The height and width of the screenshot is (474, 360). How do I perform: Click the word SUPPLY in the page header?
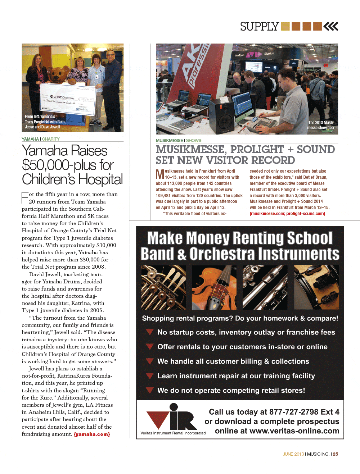[x=259, y=27]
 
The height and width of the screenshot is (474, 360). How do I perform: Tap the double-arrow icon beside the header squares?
[x=331, y=26]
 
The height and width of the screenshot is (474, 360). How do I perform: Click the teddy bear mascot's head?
[x=58, y=74]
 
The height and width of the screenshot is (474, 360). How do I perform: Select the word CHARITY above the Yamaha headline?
[x=51, y=139]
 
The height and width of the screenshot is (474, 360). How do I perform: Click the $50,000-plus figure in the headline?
[x=46, y=165]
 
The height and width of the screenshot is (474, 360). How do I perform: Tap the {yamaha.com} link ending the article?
[x=92, y=434]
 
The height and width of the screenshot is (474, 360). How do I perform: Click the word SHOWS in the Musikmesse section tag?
[x=194, y=141]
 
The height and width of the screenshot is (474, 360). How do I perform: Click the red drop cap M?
[x=160, y=174]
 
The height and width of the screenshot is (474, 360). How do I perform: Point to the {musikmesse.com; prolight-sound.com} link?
[x=287, y=214]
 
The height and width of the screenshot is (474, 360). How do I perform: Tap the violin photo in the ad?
[x=214, y=287]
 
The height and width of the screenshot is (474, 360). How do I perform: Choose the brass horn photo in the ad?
[x=163, y=287]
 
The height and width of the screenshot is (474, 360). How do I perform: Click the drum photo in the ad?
[x=316, y=287]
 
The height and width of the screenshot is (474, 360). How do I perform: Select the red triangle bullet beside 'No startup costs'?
[x=149, y=332]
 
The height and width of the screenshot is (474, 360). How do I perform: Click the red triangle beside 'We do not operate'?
[x=149, y=390]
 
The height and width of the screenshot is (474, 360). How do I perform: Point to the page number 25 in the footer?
[x=336, y=454]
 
